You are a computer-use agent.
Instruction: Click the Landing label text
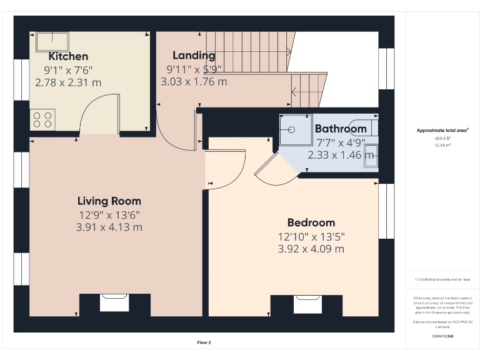194,56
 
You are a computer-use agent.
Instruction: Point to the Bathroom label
341,129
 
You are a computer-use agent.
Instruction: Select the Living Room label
109,201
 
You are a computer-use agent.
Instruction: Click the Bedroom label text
311,222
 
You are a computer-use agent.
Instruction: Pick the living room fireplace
114,304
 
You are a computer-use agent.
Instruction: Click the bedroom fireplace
306,305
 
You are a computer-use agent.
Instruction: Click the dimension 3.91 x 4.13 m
109,227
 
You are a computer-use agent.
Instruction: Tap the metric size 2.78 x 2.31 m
68,82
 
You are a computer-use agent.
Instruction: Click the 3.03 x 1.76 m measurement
194,81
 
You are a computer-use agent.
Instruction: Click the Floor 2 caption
204,342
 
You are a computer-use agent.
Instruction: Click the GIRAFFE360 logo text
442,336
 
